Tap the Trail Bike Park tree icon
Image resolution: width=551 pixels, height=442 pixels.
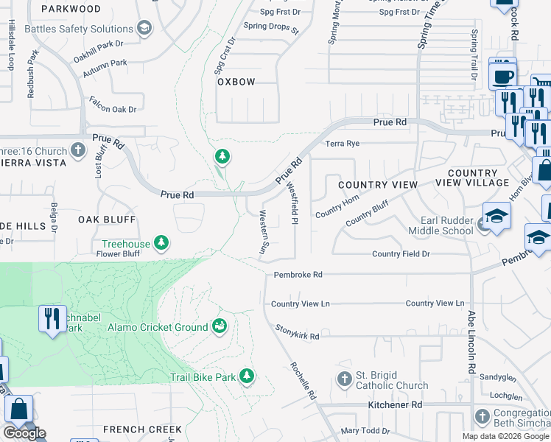point(248,377)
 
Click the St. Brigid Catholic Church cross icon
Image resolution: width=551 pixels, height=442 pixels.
point(344,380)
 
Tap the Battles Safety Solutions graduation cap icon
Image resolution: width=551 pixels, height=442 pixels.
point(144,29)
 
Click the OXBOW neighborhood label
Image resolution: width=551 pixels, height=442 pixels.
point(236,82)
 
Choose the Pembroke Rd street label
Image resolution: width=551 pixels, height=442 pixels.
point(298,274)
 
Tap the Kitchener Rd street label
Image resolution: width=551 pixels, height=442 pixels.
point(396,405)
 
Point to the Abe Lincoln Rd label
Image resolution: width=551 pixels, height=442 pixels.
point(471,342)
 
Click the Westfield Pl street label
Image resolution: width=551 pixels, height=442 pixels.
point(292,203)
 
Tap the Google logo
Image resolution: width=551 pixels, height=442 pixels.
point(24,432)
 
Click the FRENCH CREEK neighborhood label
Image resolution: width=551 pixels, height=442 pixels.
point(142,429)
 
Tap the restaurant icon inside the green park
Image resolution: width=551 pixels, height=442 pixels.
point(51,318)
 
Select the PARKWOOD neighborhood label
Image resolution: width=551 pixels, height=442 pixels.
point(71,9)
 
